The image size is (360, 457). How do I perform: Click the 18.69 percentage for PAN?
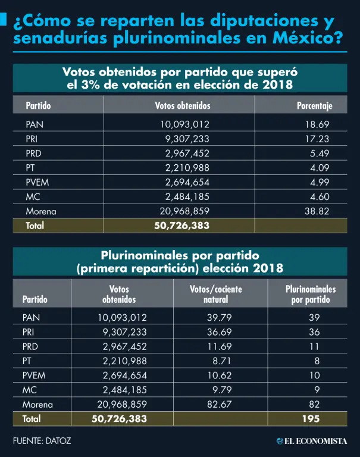[x=318, y=124]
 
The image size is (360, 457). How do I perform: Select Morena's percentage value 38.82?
[x=318, y=211]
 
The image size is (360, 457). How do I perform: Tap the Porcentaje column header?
[x=314, y=106]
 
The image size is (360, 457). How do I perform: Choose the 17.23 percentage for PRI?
[x=318, y=139]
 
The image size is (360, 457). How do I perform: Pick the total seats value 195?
[x=309, y=418]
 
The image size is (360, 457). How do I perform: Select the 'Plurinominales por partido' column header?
[x=311, y=294]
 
